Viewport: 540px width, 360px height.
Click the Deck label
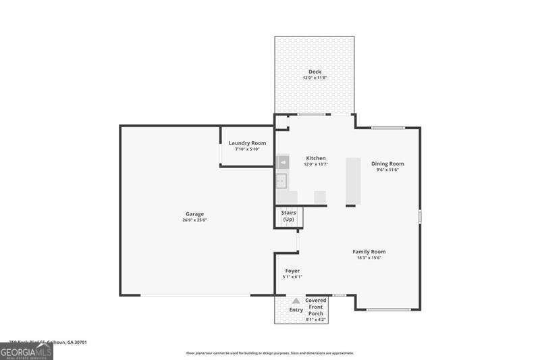(315, 72)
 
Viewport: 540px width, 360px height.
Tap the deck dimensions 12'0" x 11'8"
(315, 78)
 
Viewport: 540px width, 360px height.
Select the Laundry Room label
(247, 143)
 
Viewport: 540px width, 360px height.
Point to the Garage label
(194, 214)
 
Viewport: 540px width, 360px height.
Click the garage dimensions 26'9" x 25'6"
(194, 220)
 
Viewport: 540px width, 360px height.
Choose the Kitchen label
(315, 158)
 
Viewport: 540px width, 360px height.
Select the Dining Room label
(387, 163)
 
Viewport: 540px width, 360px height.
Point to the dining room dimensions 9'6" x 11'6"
(387, 170)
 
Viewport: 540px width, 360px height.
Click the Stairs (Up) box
(288, 217)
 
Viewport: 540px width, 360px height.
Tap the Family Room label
(369, 251)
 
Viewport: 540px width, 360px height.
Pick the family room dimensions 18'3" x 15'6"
(369, 258)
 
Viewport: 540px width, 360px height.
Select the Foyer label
(292, 270)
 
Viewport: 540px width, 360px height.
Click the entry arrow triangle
(296, 301)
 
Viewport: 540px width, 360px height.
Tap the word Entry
(296, 310)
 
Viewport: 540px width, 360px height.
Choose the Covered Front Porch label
(316, 307)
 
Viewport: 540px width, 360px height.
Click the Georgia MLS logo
(26, 352)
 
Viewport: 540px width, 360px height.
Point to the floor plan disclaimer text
(269, 353)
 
